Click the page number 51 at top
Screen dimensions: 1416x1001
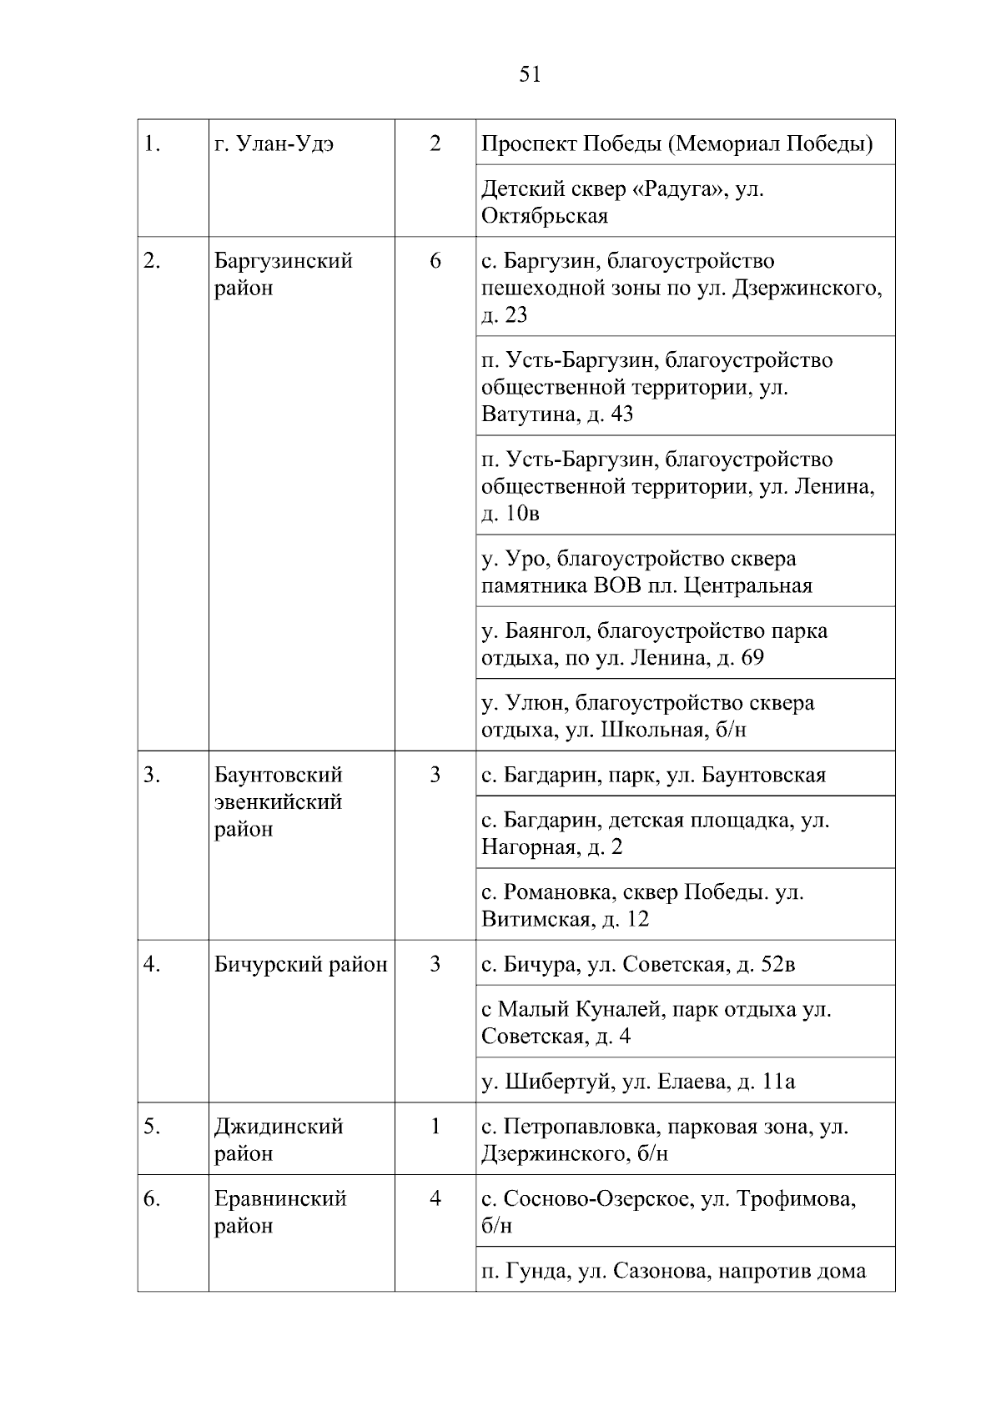(x=530, y=75)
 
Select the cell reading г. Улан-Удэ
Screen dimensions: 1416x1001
(x=274, y=144)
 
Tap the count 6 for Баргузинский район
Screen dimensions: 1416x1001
(x=435, y=261)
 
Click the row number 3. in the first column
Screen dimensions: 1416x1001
(x=151, y=775)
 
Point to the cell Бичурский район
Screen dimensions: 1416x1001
(x=300, y=965)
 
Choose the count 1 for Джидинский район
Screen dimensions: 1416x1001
(x=435, y=1127)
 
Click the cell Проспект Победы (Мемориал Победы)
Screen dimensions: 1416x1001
(x=677, y=144)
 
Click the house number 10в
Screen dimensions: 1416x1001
(x=523, y=514)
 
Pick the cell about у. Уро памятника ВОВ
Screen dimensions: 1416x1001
(x=646, y=571)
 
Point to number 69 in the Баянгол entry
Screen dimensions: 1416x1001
(x=752, y=658)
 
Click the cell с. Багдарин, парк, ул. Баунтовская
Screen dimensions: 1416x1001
(x=653, y=776)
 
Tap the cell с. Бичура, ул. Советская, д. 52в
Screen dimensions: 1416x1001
(x=638, y=965)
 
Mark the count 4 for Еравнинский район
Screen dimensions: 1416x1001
(x=435, y=1199)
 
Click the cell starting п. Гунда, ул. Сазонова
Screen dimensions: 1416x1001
(x=674, y=1271)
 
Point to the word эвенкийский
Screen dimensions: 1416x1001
(x=278, y=802)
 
